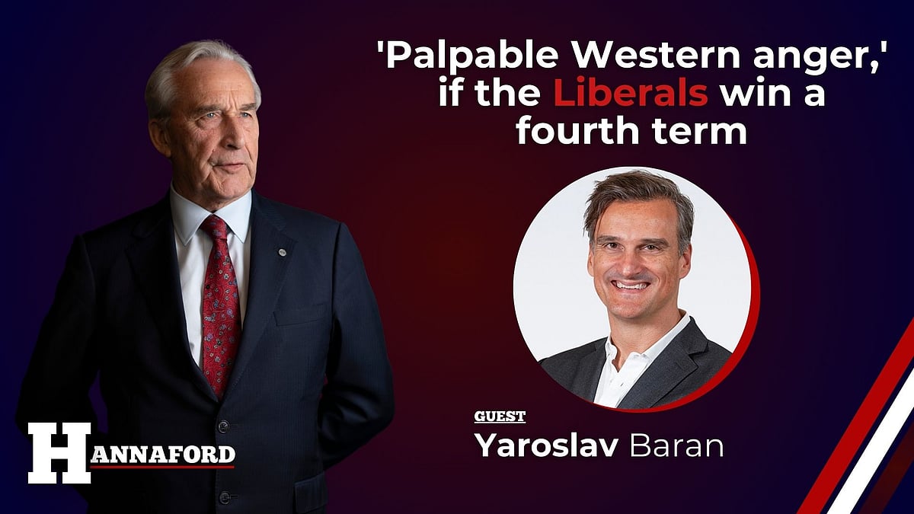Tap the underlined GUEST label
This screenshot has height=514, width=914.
pos(500,417)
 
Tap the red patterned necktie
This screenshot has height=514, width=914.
pos(221,305)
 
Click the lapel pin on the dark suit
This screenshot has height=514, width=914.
pos(283,251)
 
